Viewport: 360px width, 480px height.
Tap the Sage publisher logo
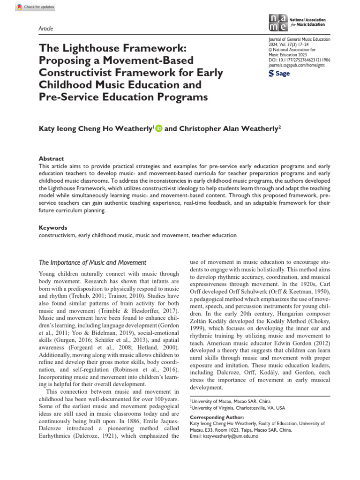[x=279, y=74]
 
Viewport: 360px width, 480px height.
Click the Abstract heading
[x=51, y=158]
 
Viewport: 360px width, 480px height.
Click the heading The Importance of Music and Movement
[x=92, y=262]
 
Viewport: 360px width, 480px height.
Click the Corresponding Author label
[x=217, y=417]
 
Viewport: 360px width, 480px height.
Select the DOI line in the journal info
[x=299, y=61]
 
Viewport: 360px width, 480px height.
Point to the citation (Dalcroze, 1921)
[x=107, y=436]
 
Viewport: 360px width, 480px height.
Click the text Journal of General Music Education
[x=299, y=40]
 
